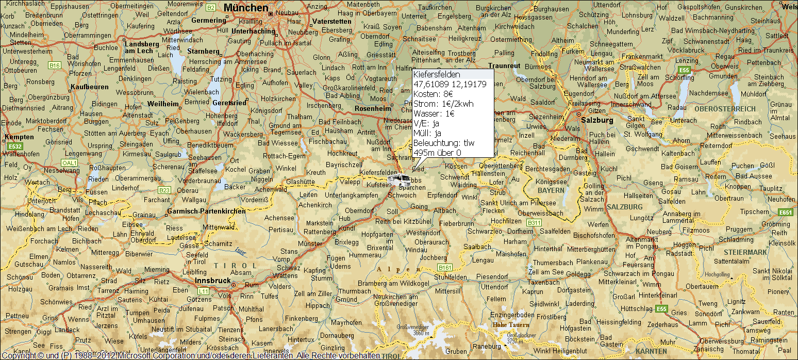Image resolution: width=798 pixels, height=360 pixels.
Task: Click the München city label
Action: point(246,8)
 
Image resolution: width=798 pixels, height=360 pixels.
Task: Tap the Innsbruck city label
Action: point(213,280)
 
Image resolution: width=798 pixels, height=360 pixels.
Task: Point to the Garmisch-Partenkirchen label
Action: point(207,211)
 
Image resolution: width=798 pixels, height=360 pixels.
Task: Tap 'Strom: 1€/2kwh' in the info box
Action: point(443,104)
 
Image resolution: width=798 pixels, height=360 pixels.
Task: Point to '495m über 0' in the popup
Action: point(437,152)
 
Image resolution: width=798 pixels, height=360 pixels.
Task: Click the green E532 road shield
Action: point(15,146)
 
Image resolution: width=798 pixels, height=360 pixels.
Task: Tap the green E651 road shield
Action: point(786,212)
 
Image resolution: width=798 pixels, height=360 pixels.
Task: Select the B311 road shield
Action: point(535,223)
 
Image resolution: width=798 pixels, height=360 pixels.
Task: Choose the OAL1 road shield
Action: point(69,162)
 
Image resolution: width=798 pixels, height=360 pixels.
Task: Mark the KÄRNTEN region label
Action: point(651,351)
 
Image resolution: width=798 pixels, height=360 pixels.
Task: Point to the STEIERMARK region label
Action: point(745,252)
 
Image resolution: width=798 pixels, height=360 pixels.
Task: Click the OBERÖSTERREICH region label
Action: point(724,109)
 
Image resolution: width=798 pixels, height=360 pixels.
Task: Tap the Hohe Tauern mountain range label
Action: point(511,325)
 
